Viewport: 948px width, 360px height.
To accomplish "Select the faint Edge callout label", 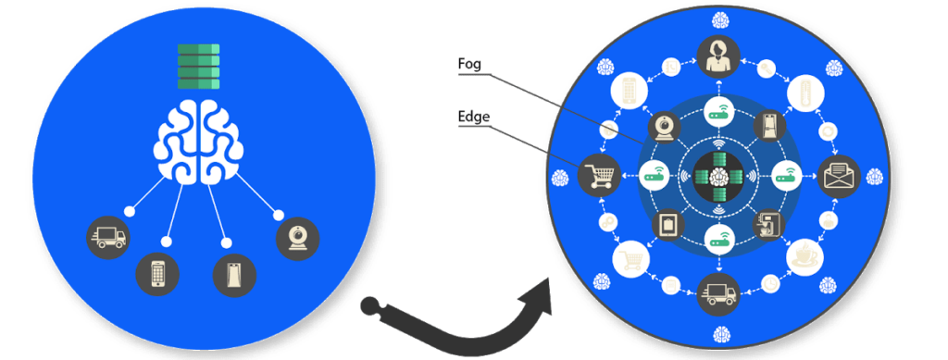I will point(474,118).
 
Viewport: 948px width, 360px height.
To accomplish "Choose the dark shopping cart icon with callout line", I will point(597,174).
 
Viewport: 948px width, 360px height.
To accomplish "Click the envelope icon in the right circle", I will point(839,174).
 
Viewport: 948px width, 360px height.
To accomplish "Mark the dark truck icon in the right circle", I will point(717,293).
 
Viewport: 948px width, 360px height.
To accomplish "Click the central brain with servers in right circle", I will point(717,174).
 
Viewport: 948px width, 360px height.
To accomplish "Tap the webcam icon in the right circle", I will point(668,125).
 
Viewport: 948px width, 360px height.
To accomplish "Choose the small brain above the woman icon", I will point(717,16).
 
